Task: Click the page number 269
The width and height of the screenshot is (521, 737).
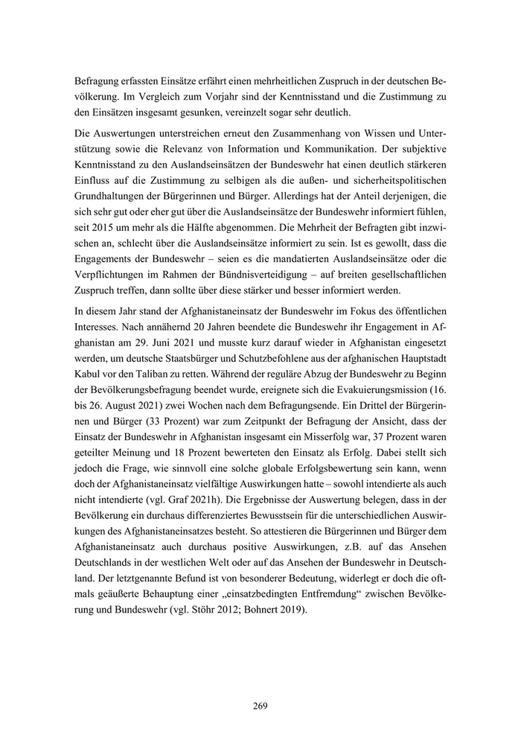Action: [260, 705]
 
